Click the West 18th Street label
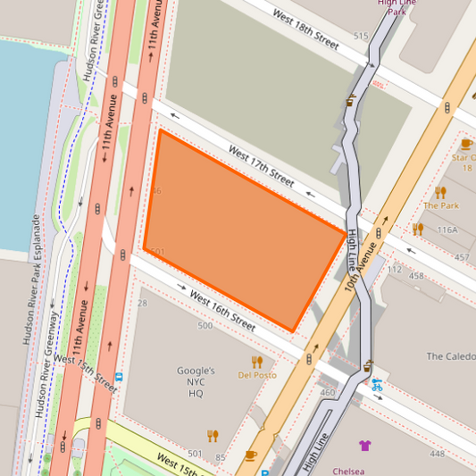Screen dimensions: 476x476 pyautogui.click(x=306, y=29)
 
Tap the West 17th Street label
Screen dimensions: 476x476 pyautogui.click(x=260, y=166)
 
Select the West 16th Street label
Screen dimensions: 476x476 pyautogui.click(x=222, y=308)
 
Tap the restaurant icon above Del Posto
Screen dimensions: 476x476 pyautogui.click(x=257, y=362)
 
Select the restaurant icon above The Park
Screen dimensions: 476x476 pyautogui.click(x=440, y=192)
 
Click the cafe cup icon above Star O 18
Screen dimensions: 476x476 pyautogui.click(x=465, y=144)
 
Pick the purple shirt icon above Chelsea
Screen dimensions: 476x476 pyautogui.click(x=364, y=446)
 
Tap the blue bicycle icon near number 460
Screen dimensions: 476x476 pyautogui.click(x=377, y=386)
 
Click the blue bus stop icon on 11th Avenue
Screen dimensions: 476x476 pyautogui.click(x=117, y=377)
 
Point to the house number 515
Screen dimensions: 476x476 pyautogui.click(x=361, y=36)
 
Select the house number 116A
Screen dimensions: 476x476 pyautogui.click(x=447, y=230)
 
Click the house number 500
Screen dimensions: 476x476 pyautogui.click(x=205, y=326)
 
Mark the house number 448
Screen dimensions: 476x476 pyautogui.click(x=437, y=454)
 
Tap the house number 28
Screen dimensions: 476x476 pyautogui.click(x=142, y=304)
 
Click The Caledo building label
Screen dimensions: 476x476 pyautogui.click(x=450, y=356)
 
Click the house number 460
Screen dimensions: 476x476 pyautogui.click(x=327, y=392)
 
